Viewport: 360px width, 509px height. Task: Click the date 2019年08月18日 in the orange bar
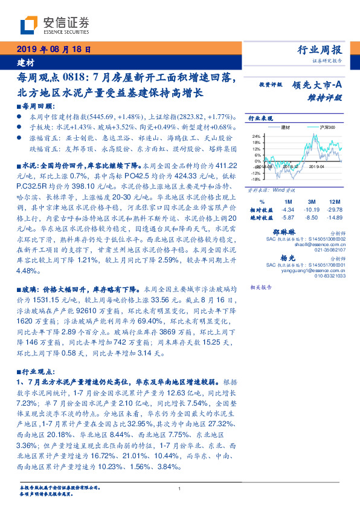53,50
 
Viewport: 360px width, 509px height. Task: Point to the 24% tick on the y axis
256,136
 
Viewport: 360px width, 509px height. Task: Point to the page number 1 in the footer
180,488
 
